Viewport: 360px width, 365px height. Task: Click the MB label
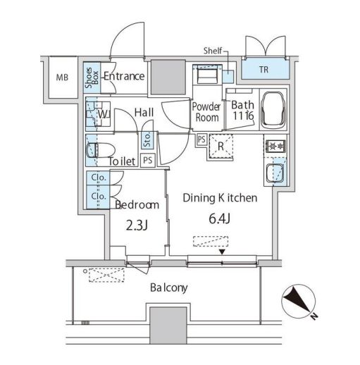click(62, 78)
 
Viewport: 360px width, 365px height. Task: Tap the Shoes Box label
click(92, 78)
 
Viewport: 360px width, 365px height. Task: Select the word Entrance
click(124, 76)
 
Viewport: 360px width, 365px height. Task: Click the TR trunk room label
click(264, 70)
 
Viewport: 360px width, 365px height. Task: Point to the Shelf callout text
click(213, 51)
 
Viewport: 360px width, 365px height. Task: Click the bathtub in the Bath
click(274, 111)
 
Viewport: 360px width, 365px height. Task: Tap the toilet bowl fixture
click(101, 150)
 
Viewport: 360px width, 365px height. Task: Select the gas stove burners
click(275, 147)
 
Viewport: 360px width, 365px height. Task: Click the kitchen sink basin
click(275, 173)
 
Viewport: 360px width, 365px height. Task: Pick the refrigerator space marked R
click(221, 147)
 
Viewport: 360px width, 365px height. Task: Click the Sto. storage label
click(147, 140)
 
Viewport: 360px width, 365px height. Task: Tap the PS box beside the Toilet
click(148, 161)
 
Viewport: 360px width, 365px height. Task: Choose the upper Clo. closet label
click(99, 178)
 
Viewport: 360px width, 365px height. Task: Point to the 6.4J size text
click(219, 219)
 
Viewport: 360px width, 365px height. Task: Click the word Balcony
click(169, 288)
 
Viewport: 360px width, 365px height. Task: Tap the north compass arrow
click(298, 302)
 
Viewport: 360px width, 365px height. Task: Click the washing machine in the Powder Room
click(207, 74)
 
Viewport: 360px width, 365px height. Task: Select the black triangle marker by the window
click(222, 252)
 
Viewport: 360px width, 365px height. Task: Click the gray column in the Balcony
click(168, 326)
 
